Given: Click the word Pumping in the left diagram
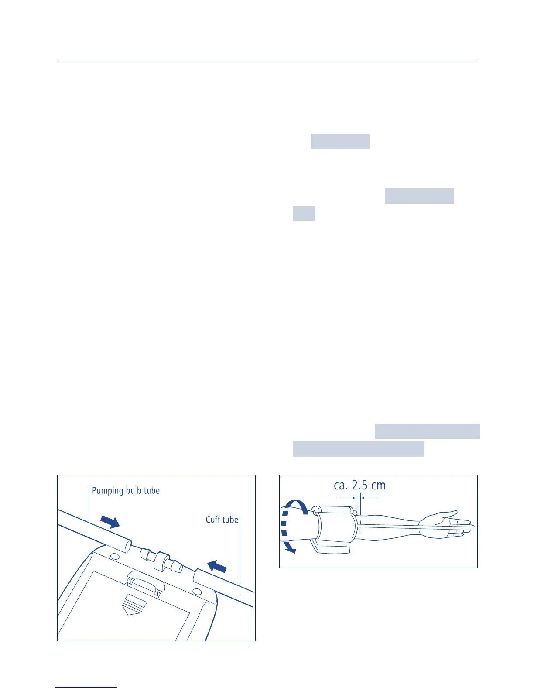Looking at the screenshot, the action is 107,491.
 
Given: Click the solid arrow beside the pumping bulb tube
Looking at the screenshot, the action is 110,521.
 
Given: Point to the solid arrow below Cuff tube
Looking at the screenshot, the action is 217,567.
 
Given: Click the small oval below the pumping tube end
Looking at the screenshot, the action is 115,556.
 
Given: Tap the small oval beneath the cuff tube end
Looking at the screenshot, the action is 196,592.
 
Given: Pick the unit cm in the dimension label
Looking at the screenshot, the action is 378,485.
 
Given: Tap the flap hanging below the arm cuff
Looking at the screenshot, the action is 331,547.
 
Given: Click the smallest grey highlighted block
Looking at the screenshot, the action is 304,214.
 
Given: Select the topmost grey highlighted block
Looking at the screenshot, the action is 340,142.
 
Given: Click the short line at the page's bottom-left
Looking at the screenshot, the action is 87,688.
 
